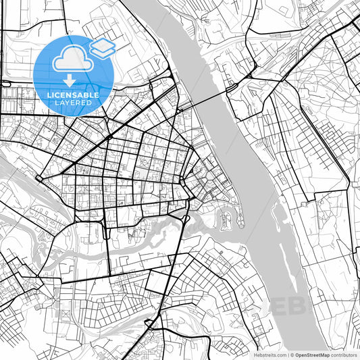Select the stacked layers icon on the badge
point(102,47)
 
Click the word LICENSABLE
point(73,95)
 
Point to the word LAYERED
point(73,104)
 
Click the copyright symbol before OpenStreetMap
point(292,355)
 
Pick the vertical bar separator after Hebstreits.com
point(288,355)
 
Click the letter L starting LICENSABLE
point(49,95)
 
